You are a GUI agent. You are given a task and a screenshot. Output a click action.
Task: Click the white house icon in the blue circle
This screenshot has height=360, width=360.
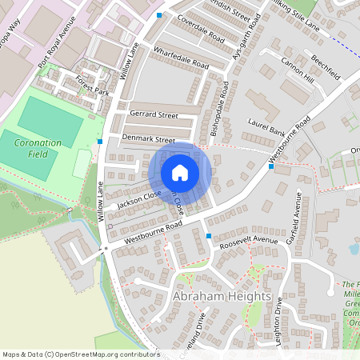pos(180,172)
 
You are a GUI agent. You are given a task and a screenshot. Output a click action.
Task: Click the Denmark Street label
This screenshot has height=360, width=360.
pos(149,139)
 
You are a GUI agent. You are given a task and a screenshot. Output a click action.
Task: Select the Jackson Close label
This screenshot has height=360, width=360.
pos(139,200)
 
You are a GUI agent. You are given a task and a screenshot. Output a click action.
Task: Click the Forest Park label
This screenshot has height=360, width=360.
pos(91,86)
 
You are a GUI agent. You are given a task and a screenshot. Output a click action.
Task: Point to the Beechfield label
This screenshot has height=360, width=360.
pos(325,66)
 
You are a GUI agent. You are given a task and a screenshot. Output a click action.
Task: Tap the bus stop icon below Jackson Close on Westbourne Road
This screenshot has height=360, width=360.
pos(209,236)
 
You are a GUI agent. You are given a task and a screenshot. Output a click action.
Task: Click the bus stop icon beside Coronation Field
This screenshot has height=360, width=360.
pos(99,142)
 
